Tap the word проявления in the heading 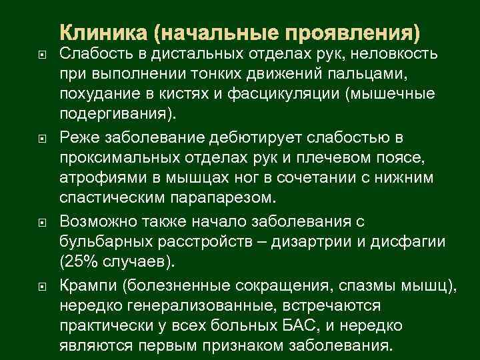point(360,32)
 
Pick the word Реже point(79,137)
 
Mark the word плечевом point(320,157)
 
